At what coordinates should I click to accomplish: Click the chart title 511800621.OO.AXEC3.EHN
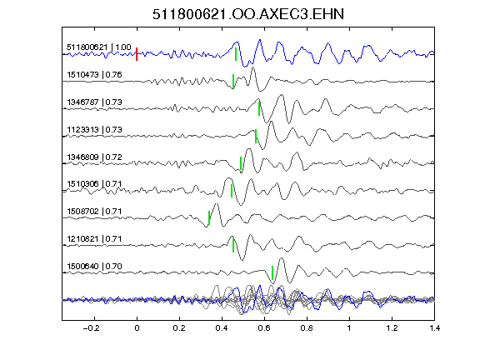point(248,14)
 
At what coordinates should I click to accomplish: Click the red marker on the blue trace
point(137,54)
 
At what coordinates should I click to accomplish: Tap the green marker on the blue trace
point(236,54)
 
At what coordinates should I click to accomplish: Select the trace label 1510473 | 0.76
point(94,75)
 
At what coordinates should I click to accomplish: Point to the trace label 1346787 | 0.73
point(94,102)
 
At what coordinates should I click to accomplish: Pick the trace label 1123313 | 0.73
point(94,129)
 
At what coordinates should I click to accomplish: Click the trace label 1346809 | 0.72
point(94,157)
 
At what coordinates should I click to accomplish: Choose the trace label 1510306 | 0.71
point(94,183)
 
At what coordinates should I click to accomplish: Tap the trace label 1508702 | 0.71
point(94,211)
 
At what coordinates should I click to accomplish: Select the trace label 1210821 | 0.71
point(94,238)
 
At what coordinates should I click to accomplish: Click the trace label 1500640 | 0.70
point(94,266)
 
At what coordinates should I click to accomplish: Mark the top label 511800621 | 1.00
point(99,47)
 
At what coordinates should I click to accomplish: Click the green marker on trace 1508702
point(209,217)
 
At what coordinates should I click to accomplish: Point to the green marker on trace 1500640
point(272,272)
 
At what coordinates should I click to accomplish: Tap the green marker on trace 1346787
point(259,108)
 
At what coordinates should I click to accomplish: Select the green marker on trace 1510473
point(233,81)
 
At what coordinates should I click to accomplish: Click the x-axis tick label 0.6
point(264,328)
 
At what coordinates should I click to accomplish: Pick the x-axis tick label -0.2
point(92,328)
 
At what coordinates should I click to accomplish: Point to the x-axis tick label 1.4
point(434,328)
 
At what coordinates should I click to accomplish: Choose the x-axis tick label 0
point(137,328)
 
